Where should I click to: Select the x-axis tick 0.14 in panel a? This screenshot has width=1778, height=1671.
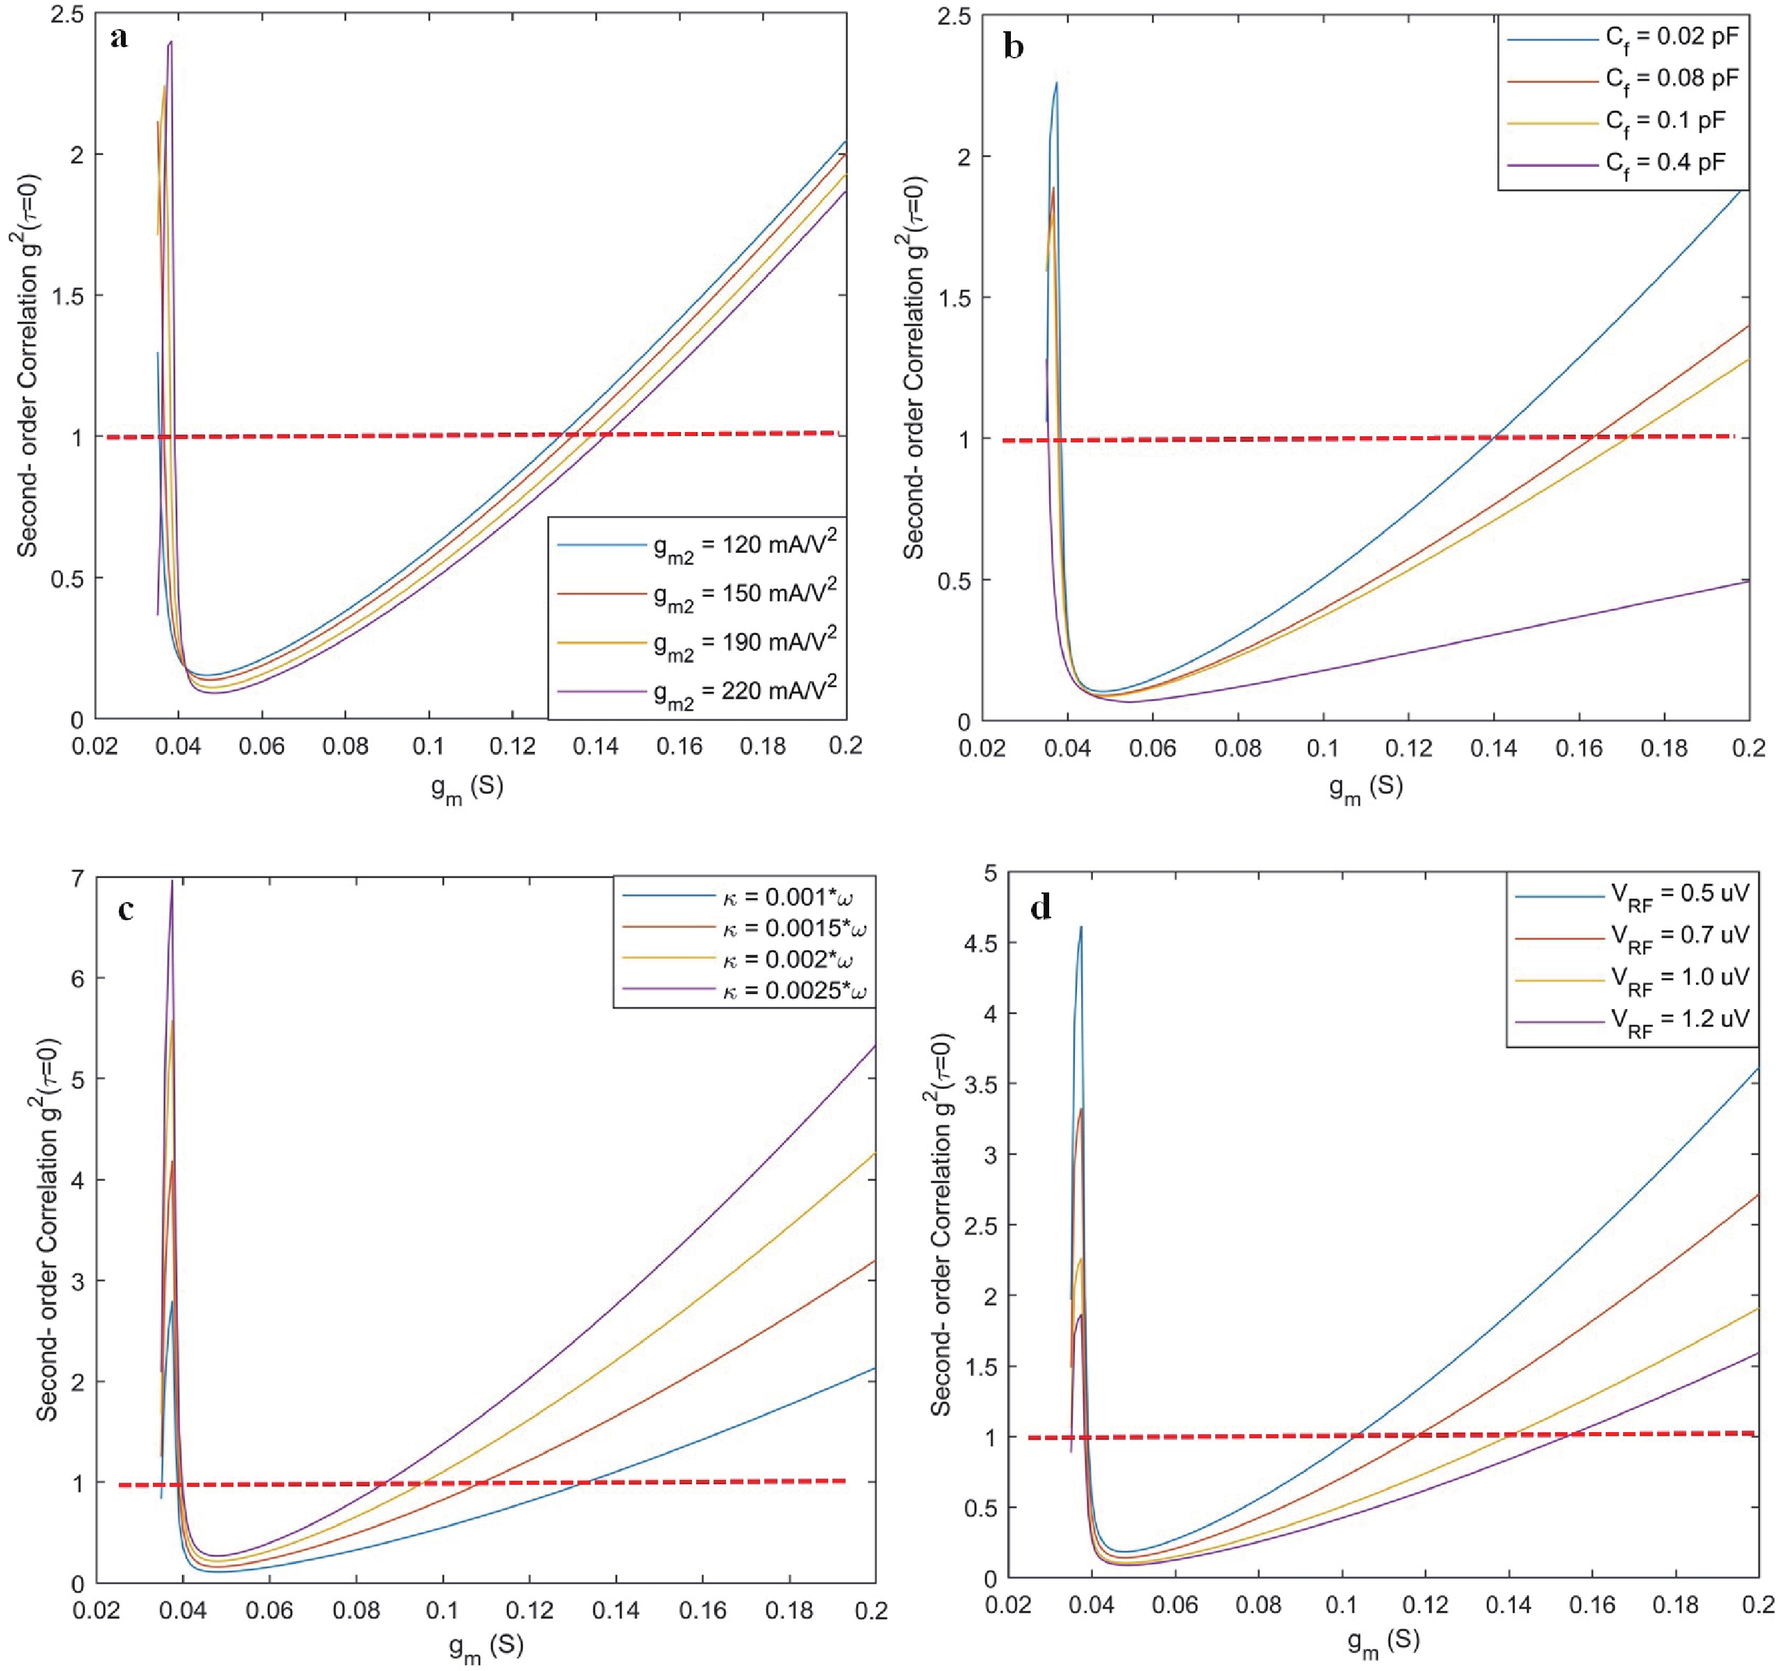[595, 746]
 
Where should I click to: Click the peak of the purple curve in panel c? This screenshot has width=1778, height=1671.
[172, 881]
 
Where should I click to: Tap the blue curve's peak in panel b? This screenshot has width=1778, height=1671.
[1056, 83]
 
